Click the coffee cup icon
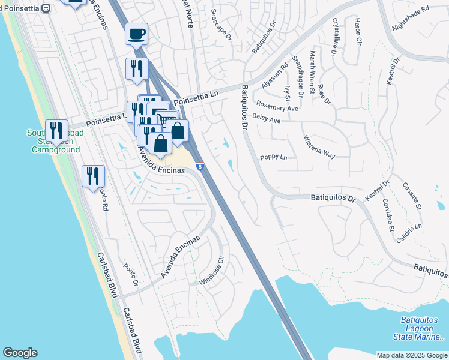pyautogui.click(x=136, y=33)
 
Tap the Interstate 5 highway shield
pyautogui.click(x=200, y=166)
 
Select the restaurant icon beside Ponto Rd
pyautogui.click(x=93, y=175)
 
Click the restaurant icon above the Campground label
pyautogui.click(x=56, y=130)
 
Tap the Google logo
pyautogui.click(x=20, y=353)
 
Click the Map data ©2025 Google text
pyautogui.click(x=411, y=355)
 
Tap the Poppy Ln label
pyautogui.click(x=273, y=157)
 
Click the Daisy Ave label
pyautogui.click(x=267, y=120)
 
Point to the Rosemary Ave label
pyautogui.click(x=275, y=109)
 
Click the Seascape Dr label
pyautogui.click(x=221, y=28)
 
